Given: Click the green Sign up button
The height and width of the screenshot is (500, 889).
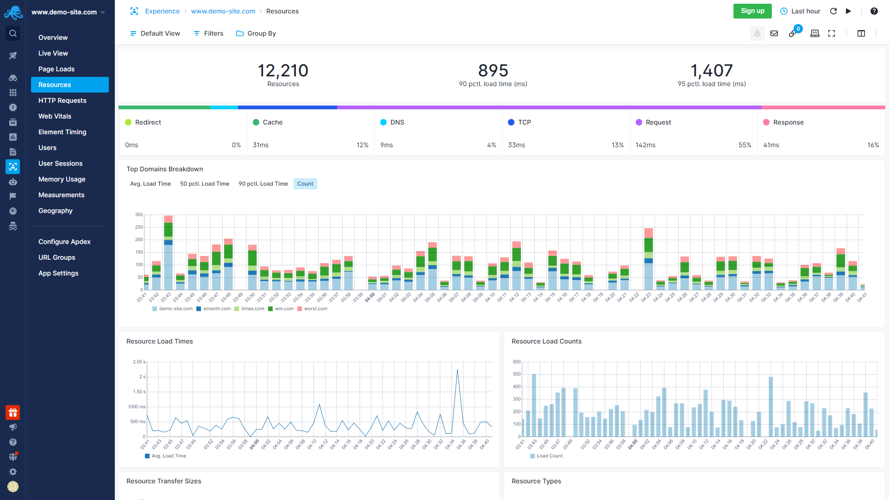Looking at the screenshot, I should click(752, 11).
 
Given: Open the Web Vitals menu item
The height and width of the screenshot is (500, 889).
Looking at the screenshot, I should click(55, 116).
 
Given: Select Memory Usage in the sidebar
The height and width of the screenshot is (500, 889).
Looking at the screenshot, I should click(62, 179).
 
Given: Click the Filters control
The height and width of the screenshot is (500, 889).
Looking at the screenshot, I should click(208, 33).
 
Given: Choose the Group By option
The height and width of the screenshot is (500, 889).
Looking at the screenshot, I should click(256, 33).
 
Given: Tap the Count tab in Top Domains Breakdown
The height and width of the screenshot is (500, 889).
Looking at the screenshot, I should click(305, 184).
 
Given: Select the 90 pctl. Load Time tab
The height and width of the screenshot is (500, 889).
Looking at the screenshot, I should click(263, 184).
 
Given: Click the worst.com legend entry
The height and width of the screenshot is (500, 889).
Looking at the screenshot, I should click(315, 309).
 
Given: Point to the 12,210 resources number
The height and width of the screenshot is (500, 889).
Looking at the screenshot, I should click(282, 70).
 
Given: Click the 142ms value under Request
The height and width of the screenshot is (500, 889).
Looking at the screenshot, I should click(645, 145).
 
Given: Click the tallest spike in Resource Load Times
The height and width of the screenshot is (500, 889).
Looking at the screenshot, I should click(457, 370).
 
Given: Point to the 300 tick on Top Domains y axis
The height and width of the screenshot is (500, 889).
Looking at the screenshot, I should click(139, 215).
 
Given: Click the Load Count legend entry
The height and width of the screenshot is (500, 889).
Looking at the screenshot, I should click(549, 456).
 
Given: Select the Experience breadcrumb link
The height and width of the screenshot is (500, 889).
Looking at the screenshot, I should click(162, 11).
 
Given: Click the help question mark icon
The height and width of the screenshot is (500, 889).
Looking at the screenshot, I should click(874, 11).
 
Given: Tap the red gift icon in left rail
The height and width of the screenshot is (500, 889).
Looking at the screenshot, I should click(13, 412).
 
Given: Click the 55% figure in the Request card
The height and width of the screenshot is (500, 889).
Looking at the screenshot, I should click(745, 145).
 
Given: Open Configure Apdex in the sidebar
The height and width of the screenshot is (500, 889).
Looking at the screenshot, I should click(64, 242).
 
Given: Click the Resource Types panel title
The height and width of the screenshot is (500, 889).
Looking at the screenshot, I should click(536, 481).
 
